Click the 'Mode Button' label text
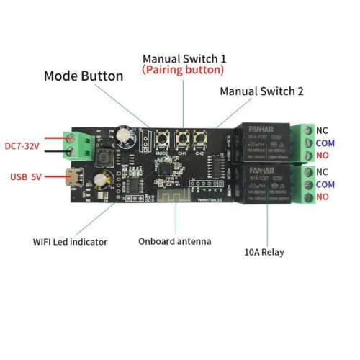click(x=84, y=76)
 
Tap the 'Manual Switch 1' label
click(x=184, y=58)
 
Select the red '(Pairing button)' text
click(x=183, y=71)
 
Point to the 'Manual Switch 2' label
click(x=261, y=91)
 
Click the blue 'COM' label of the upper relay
click(x=325, y=143)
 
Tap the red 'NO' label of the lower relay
click(x=322, y=197)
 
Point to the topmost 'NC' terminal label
click(x=322, y=130)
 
